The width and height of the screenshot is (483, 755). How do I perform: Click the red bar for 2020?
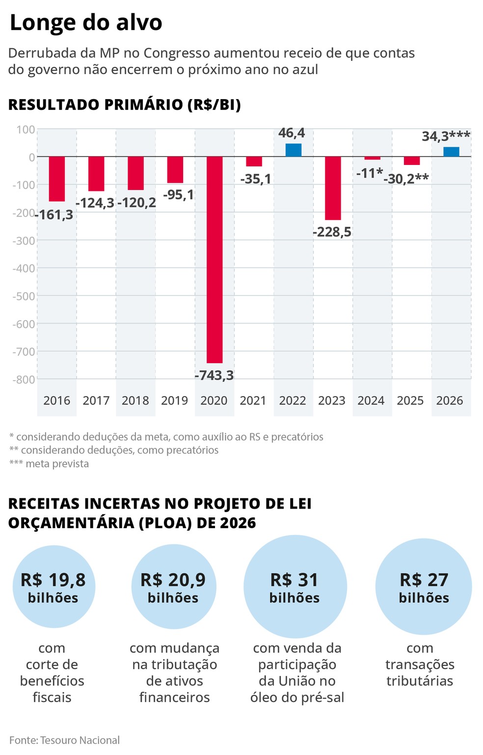(215, 260)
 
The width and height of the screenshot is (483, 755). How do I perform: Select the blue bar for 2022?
(294, 150)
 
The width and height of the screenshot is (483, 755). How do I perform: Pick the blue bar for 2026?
(451, 152)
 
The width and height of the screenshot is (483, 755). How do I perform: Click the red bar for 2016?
(57, 179)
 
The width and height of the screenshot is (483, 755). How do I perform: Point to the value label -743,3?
(215, 376)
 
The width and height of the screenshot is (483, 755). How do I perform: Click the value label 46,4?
(292, 133)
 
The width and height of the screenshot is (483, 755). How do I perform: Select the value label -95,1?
(178, 195)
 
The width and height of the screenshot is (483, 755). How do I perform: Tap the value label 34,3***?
(446, 136)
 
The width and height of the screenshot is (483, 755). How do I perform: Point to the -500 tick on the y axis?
(24, 296)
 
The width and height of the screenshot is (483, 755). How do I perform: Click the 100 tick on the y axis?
(26, 130)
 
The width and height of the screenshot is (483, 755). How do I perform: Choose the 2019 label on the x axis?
(175, 401)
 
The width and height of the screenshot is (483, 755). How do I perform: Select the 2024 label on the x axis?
(371, 401)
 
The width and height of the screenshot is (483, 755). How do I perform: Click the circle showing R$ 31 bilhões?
(295, 587)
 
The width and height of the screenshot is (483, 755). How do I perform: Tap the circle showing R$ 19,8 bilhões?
(53, 587)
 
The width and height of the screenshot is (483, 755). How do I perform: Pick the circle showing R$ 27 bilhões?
(424, 587)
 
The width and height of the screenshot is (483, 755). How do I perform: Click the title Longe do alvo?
(86, 23)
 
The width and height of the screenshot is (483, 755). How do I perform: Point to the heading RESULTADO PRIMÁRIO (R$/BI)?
(125, 105)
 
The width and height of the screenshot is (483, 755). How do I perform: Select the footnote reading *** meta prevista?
(49, 464)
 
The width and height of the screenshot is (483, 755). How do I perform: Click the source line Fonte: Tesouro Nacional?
(64, 740)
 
